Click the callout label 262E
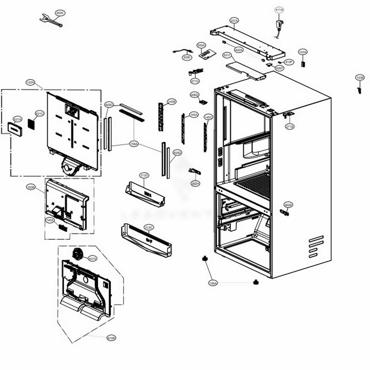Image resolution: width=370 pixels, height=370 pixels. click(x=60, y=13)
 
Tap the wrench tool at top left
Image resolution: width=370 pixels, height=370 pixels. click(x=50, y=20)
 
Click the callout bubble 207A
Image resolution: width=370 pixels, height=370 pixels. click(x=234, y=20)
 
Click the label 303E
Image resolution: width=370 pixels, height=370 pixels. click(x=187, y=57)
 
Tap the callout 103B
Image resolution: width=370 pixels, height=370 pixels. click(x=360, y=77)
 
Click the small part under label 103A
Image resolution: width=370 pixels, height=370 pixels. click(x=303, y=64)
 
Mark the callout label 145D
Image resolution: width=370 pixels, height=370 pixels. click(x=50, y=220)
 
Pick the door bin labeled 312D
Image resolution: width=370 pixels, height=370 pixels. click(x=145, y=192)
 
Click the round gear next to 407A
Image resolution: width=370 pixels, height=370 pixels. click(x=78, y=254)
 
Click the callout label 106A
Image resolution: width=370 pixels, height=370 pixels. click(x=213, y=283)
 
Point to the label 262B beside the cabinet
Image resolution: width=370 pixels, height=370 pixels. click(x=288, y=205)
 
